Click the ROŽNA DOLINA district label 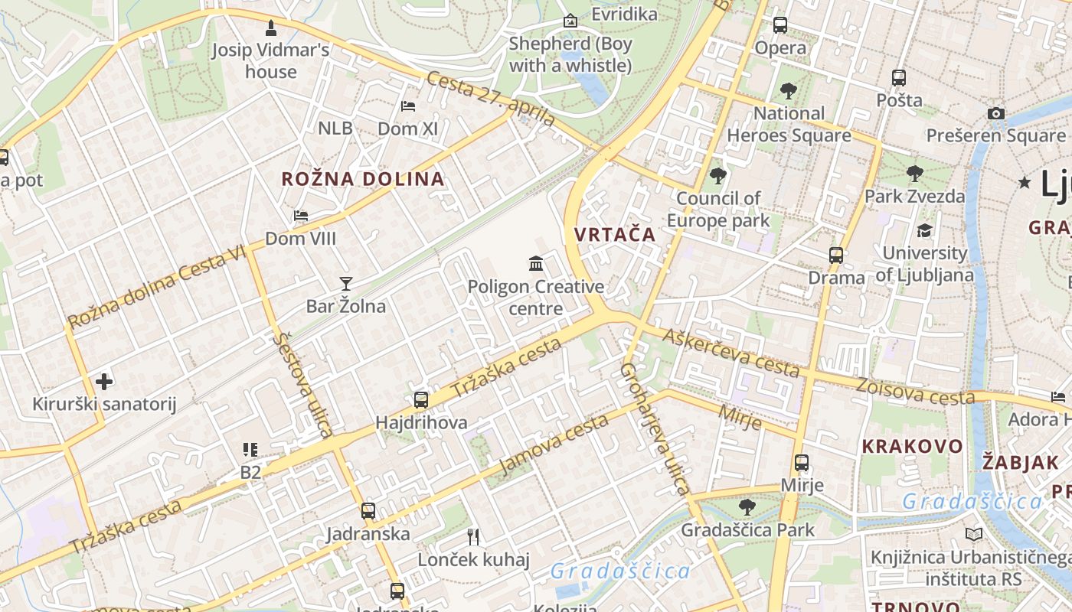pyautogui.click(x=363, y=179)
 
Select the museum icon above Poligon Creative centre pyautogui.click(x=536, y=264)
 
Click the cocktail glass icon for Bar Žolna pyautogui.click(x=346, y=284)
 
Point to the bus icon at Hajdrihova pyautogui.click(x=420, y=399)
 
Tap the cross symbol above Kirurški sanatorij pyautogui.click(x=104, y=381)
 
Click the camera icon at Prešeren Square pyautogui.click(x=995, y=113)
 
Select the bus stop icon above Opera pyautogui.click(x=780, y=25)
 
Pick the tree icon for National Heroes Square pyautogui.click(x=789, y=91)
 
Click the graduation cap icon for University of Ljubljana pyautogui.click(x=924, y=230)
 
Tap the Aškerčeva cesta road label pyautogui.click(x=731, y=353)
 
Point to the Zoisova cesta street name pyautogui.click(x=915, y=391)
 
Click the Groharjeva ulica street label pyautogui.click(x=655, y=428)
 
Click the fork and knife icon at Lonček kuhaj pyautogui.click(x=473, y=536)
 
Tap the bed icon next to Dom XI pyautogui.click(x=408, y=106)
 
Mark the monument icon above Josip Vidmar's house pyautogui.click(x=270, y=28)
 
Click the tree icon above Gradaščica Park pyautogui.click(x=747, y=506)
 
